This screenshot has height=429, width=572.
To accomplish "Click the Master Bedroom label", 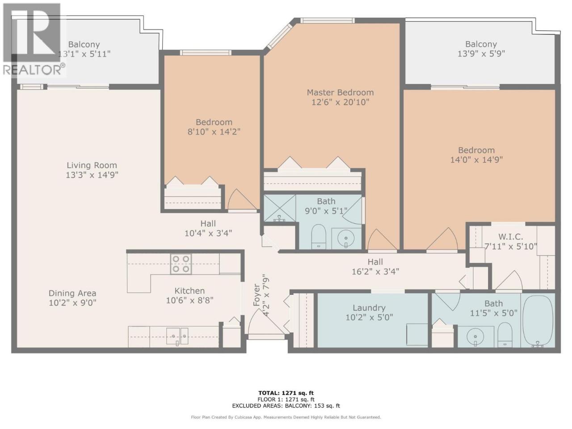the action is pyautogui.click(x=340, y=93).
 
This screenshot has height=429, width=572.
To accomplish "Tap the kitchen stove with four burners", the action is pyautogui.click(x=181, y=264).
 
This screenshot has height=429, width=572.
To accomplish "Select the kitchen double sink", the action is pyautogui.click(x=177, y=336).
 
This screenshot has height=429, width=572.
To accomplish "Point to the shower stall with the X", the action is pyautogui.click(x=280, y=208).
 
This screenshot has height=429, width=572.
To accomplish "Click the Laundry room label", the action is pyautogui.click(x=369, y=308).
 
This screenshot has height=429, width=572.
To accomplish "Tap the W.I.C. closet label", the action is pyautogui.click(x=511, y=237).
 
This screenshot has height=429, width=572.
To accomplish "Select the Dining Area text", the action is pyautogui.click(x=72, y=293).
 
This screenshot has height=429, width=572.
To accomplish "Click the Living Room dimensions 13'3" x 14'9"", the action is pyautogui.click(x=92, y=175).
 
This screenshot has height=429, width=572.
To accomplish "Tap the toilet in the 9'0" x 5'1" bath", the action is pyautogui.click(x=319, y=236).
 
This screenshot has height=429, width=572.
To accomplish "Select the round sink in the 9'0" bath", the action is pyautogui.click(x=346, y=238).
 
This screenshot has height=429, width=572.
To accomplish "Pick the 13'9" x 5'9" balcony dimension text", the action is pyautogui.click(x=481, y=54).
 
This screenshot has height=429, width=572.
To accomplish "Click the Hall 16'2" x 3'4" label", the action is pyautogui.click(x=375, y=266).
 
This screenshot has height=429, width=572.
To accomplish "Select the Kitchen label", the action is pyautogui.click(x=189, y=290).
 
